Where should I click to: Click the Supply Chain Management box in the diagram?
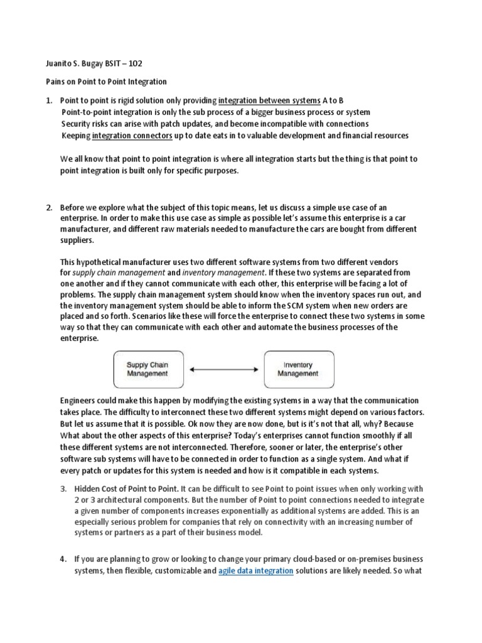tap(147, 369)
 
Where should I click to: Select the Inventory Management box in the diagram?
tap(297, 369)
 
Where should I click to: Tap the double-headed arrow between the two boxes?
tap(223, 369)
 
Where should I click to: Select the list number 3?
tap(63, 489)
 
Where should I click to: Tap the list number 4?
tap(63, 559)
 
